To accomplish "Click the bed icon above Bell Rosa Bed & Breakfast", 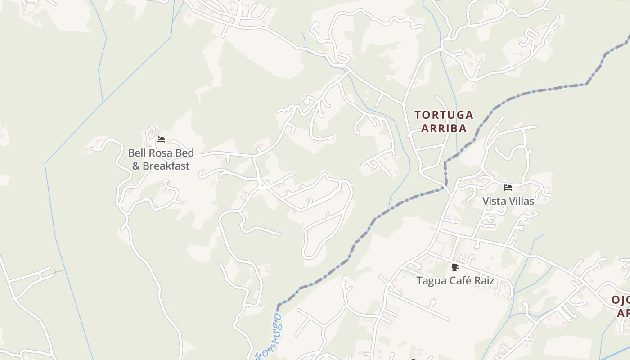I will (x=160, y=139).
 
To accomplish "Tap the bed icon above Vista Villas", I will (x=508, y=188).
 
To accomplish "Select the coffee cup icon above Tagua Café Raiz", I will (x=455, y=268).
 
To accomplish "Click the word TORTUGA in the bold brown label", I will (x=444, y=115).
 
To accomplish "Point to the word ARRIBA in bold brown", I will (x=443, y=129).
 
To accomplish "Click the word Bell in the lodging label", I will (x=137, y=153).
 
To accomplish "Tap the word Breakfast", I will (x=166, y=166).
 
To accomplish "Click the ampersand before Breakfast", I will (x=136, y=166).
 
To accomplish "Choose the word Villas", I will (x=522, y=201).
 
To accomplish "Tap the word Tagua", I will (x=431, y=281).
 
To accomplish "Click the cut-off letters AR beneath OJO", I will (x=624, y=313).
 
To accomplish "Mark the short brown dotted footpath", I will (x=58, y=271).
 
